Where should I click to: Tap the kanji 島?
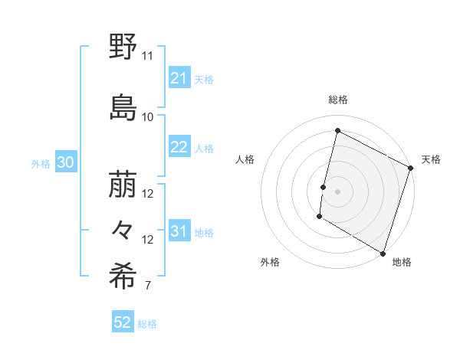pyautogui.click(x=123, y=107)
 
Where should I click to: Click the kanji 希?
pyautogui.click(x=123, y=277)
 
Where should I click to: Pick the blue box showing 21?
pyautogui.click(x=179, y=78)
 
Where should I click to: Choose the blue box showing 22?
pyautogui.click(x=179, y=147)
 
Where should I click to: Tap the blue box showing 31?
pyautogui.click(x=179, y=232)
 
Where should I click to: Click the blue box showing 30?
pyautogui.click(x=65, y=163)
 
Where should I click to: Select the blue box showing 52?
pyautogui.click(x=123, y=322)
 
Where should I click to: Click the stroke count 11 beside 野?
pyautogui.click(x=147, y=56)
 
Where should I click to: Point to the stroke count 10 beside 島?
pyautogui.click(x=147, y=116)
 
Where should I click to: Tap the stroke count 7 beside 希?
pyautogui.click(x=147, y=286)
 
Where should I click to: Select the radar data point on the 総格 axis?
pyautogui.click(x=337, y=131)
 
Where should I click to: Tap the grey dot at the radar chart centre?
pyautogui.click(x=337, y=191)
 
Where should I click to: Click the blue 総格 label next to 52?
pyautogui.click(x=148, y=324)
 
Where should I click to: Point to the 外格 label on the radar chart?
pyautogui.click(x=270, y=262)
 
